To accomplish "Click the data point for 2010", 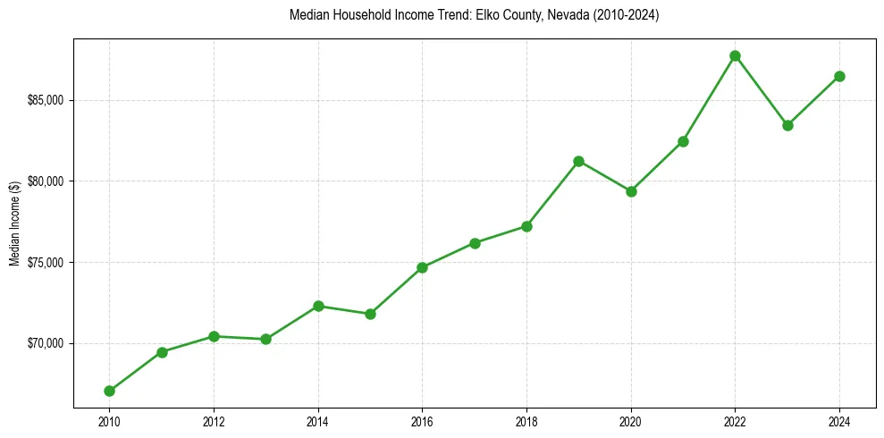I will [x=109, y=391].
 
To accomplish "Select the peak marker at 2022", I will [x=735, y=55].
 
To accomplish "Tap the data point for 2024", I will [x=839, y=76].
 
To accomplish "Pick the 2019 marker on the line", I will [x=578, y=161].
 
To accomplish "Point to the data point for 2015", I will [x=370, y=314].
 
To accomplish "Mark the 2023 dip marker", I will [x=787, y=125].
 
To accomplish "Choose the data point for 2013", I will [x=265, y=339].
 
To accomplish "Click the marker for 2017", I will [x=475, y=243].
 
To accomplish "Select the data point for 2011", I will [x=162, y=352].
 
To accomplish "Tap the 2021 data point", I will [x=683, y=141].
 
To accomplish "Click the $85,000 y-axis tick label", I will [x=46, y=100].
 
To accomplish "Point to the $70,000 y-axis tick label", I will [x=46, y=344].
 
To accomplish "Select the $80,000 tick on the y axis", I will [x=46, y=181].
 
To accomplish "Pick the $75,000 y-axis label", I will [x=46, y=263].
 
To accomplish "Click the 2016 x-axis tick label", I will [x=422, y=421].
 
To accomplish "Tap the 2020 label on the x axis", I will [x=631, y=421].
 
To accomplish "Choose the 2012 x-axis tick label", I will [x=214, y=421].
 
